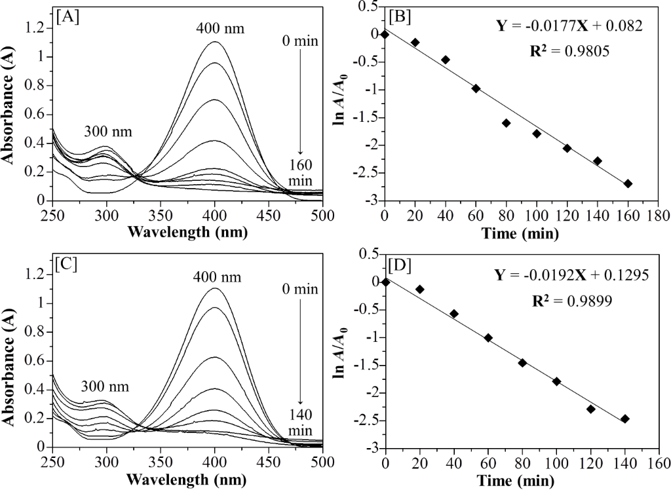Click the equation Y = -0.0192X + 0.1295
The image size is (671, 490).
571,274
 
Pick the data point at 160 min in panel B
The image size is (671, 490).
628,183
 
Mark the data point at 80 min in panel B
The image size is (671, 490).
506,122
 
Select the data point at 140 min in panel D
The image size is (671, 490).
625,419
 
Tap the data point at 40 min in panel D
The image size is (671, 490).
454,313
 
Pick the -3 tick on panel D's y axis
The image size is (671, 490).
374,449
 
